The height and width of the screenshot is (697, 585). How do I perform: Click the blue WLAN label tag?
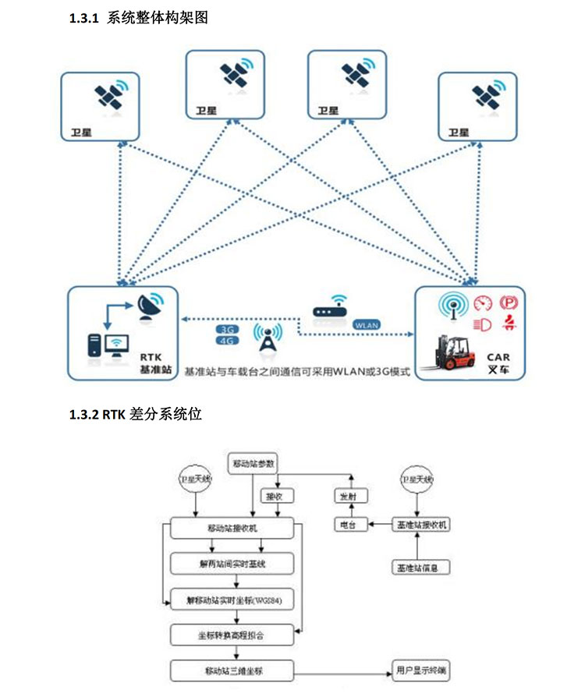coord(367,324)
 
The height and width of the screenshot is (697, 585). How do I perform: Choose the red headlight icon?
coord(482,322)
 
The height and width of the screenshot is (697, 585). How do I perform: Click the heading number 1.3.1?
coord(84,19)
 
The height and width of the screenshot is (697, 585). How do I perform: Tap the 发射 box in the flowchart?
coord(347,497)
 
